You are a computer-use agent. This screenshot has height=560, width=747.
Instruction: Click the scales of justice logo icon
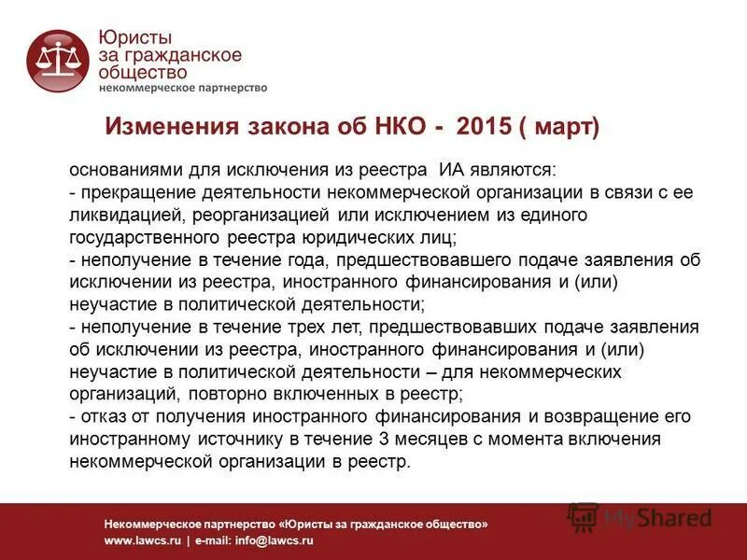[58, 61]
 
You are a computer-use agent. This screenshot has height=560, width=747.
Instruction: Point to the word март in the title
[561, 126]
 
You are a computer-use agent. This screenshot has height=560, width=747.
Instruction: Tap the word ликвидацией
[118, 215]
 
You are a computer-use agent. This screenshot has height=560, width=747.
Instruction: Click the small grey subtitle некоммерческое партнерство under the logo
[183, 88]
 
